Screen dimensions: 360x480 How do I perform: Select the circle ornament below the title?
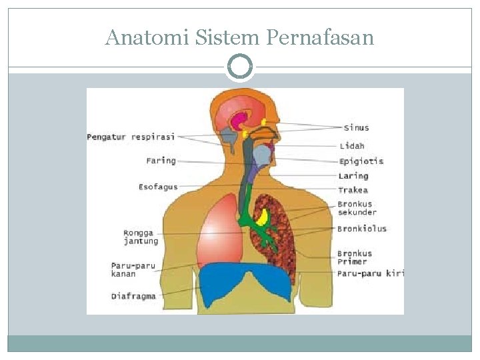[x=240, y=67]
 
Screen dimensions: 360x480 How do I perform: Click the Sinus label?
[x=357, y=127]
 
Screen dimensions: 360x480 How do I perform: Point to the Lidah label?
[x=352, y=145]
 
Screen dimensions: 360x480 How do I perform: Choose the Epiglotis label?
[x=361, y=161]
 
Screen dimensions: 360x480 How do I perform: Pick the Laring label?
[x=353, y=176]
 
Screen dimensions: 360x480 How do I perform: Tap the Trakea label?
[x=353, y=190]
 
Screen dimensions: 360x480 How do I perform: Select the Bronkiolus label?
[x=362, y=229]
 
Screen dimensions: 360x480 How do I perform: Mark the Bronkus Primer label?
[x=355, y=257]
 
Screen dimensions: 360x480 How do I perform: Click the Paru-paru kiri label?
[x=371, y=273]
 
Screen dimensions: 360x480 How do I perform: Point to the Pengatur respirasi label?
[x=131, y=137]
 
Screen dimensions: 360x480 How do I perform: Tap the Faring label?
[x=161, y=161]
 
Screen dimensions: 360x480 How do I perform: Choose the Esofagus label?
[x=158, y=187]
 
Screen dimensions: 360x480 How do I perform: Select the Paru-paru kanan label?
[x=133, y=269]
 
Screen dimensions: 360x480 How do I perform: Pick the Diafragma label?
[x=133, y=296]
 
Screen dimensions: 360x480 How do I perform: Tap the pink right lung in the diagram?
[x=219, y=230]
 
